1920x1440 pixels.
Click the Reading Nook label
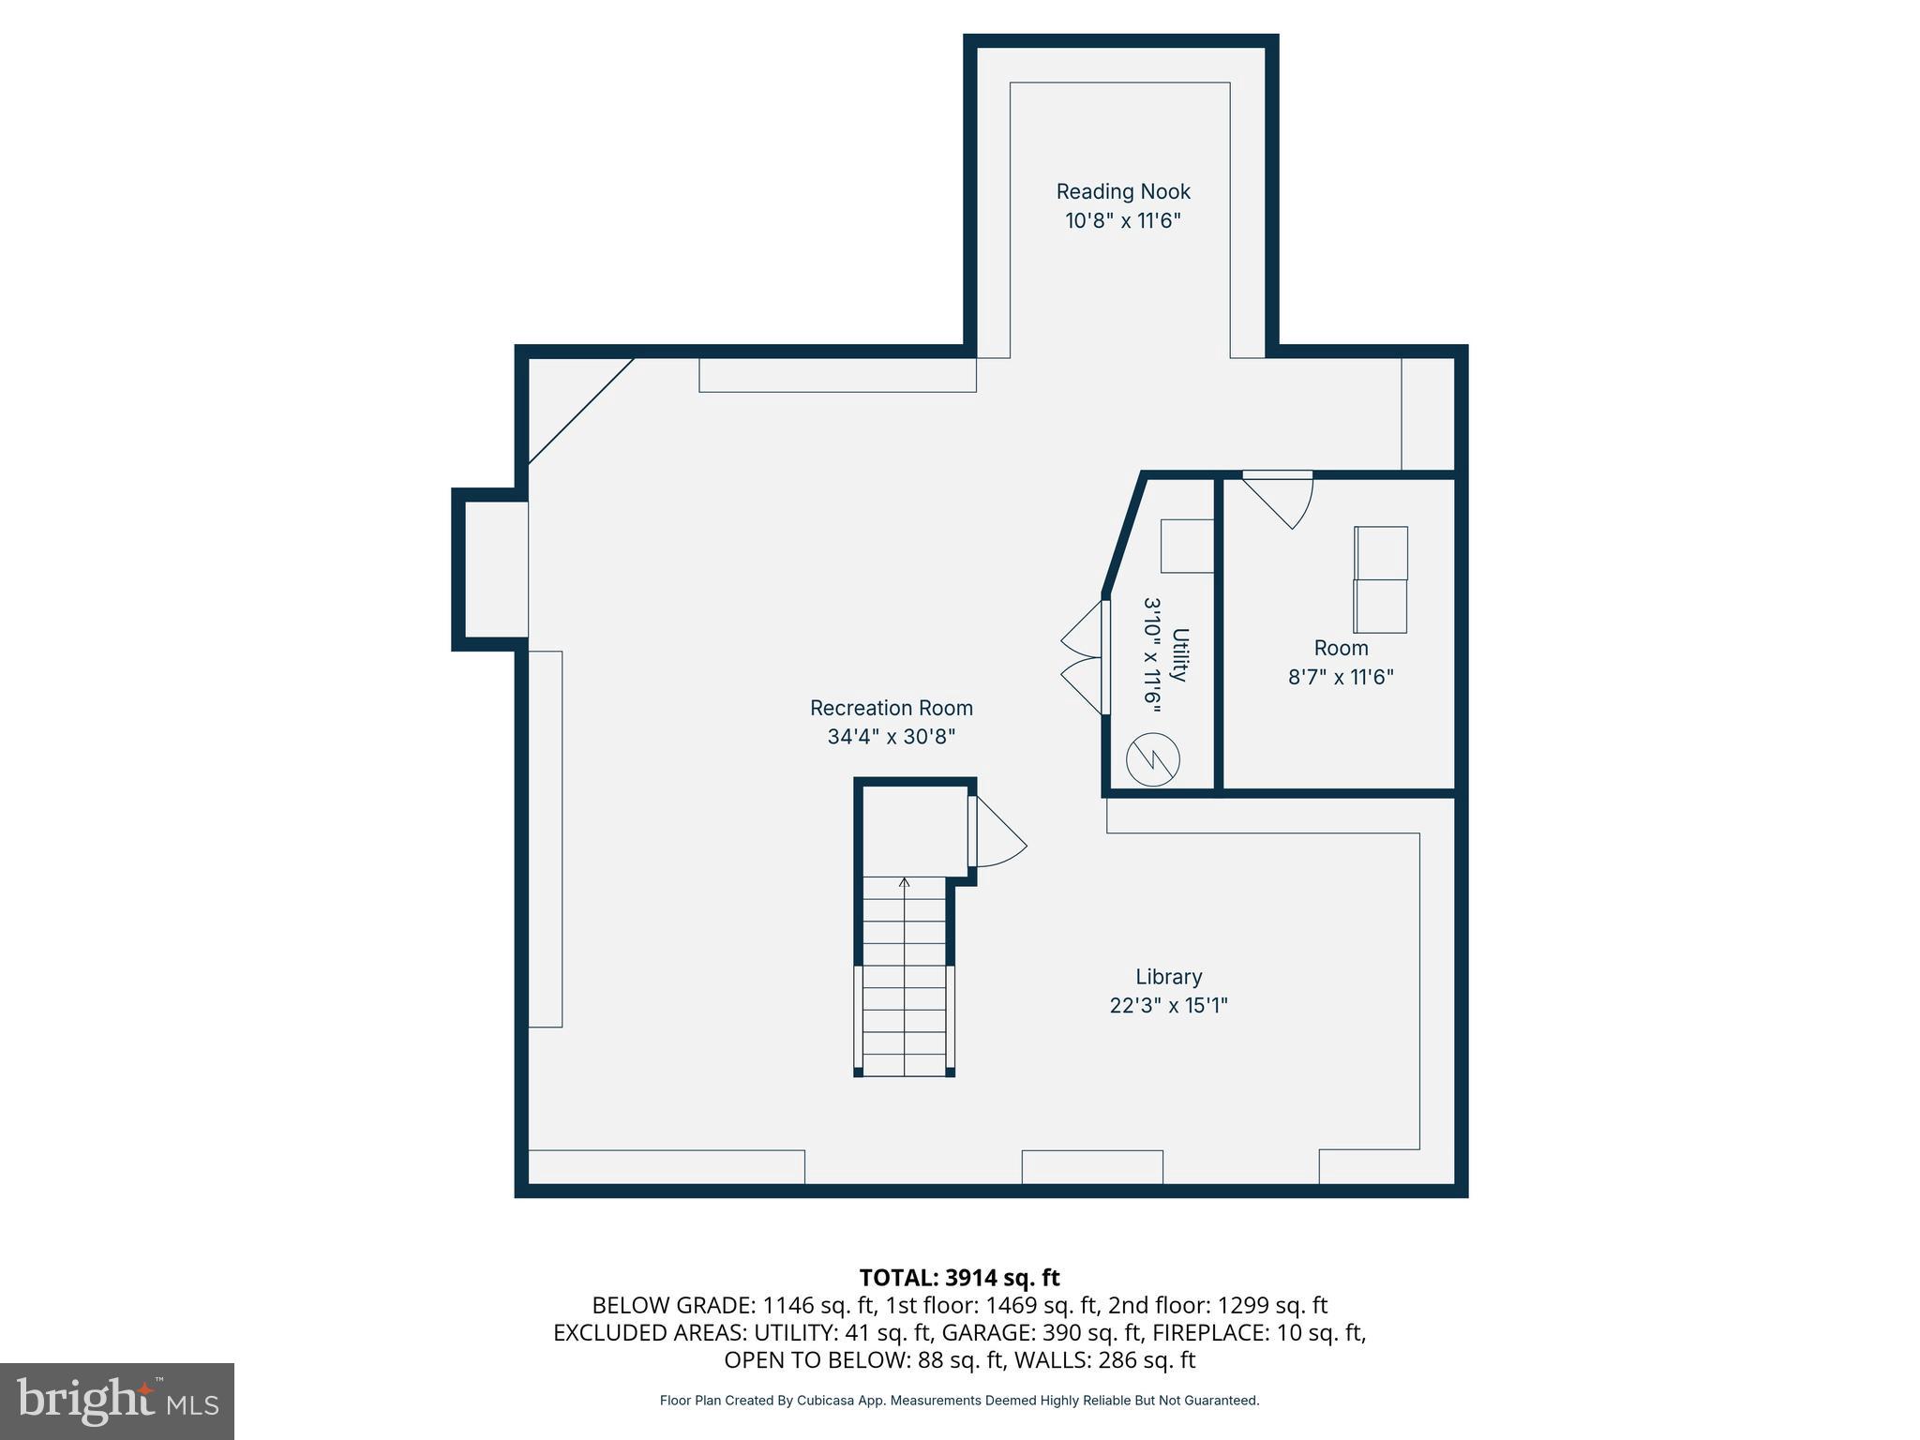tap(1122, 191)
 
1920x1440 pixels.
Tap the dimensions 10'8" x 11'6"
tap(1122, 221)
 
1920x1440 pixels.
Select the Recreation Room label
tap(891, 708)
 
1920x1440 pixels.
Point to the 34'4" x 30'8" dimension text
tap(891, 737)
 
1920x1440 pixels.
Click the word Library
tap(1168, 977)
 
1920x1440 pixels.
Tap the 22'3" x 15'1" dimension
tap(1168, 1006)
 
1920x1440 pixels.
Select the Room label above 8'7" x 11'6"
tap(1341, 648)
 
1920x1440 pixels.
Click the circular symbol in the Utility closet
tap(1152, 759)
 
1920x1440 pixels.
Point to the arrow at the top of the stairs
tap(904, 883)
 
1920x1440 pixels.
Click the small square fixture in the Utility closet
tap(1186, 546)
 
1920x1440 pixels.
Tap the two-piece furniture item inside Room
tap(1380, 579)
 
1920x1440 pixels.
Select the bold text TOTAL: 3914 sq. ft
tap(959, 1278)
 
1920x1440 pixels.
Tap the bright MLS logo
tap(117, 1401)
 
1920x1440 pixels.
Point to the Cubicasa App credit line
tap(959, 1401)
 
